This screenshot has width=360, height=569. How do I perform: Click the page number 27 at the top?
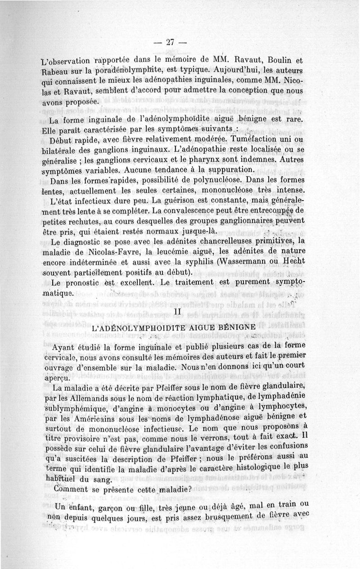170,42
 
